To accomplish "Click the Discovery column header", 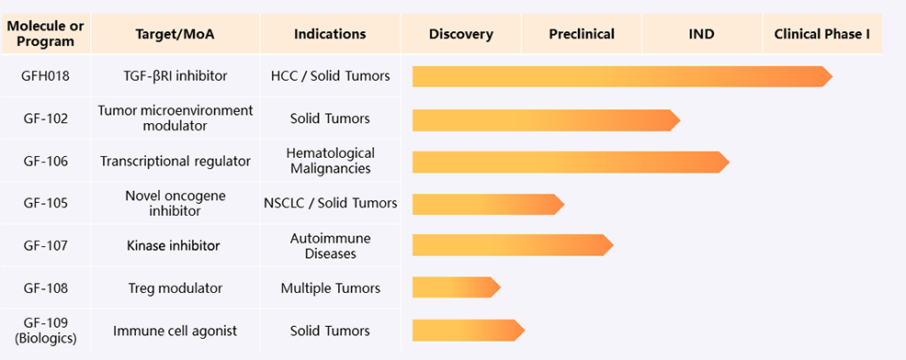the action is (x=461, y=34).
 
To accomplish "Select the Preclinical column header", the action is (x=582, y=34).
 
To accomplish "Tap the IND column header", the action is (x=702, y=34).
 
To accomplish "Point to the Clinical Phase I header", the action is (x=822, y=34).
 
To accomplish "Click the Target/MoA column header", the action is (x=176, y=34).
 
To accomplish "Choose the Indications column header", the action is (x=330, y=34).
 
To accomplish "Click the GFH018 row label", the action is (x=46, y=75).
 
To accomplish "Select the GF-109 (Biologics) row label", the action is (x=46, y=331).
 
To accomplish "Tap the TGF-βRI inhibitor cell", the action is (x=176, y=75).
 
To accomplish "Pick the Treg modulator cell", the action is (x=176, y=287).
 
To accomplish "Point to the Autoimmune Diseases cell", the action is (x=331, y=245).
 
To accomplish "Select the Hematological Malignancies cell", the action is (x=331, y=161).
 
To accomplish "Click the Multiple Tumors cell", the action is (x=331, y=287).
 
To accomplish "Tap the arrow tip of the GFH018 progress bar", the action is (x=832, y=76).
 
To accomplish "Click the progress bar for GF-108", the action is (x=457, y=287).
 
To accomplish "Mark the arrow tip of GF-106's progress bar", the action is (x=730, y=162).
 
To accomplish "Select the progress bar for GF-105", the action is (x=488, y=204).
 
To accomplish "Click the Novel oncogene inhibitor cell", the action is (x=176, y=203).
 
